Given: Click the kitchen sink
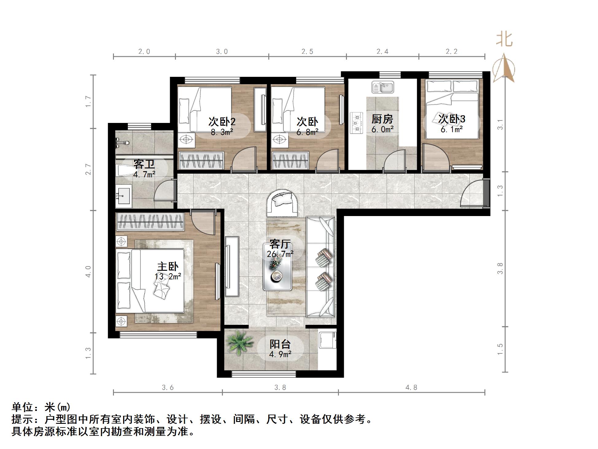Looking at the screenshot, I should [382, 87].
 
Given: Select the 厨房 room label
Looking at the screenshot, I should [382, 119].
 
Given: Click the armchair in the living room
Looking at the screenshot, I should [282, 203].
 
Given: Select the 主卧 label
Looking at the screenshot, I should [168, 267].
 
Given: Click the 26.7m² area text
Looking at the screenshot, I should [280, 254].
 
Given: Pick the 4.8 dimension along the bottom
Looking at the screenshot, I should [411, 388].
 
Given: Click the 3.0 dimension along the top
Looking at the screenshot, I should [222, 52].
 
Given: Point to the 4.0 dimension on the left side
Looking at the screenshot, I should [88, 271].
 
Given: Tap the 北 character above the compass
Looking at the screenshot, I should [504, 39].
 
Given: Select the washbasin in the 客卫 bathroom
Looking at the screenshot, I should [123, 195].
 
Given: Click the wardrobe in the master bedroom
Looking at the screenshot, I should [149, 222].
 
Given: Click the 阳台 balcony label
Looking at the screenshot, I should [280, 344].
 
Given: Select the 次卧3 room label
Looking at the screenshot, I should [452, 119].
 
